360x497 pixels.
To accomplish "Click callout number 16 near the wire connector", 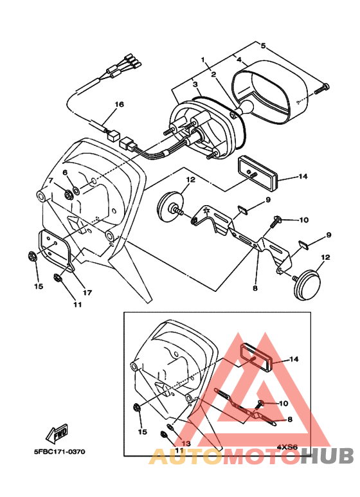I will click(x=119, y=104).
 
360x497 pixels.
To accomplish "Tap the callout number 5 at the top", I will click(x=262, y=46).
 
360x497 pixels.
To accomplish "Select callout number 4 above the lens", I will click(x=239, y=60).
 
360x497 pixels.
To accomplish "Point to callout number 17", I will click(x=87, y=292).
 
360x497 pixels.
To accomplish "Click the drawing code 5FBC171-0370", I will click(x=60, y=451).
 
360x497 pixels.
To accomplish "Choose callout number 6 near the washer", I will click(x=65, y=173).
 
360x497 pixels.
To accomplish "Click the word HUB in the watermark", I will click(x=327, y=456).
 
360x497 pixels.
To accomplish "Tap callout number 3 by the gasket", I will click(x=195, y=84).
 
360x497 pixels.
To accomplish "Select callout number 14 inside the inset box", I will click(x=294, y=359).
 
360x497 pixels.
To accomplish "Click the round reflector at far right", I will click(x=307, y=283).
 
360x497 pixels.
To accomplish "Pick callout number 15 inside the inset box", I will click(x=143, y=431).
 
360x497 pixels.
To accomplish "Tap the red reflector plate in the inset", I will click(x=256, y=356).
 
